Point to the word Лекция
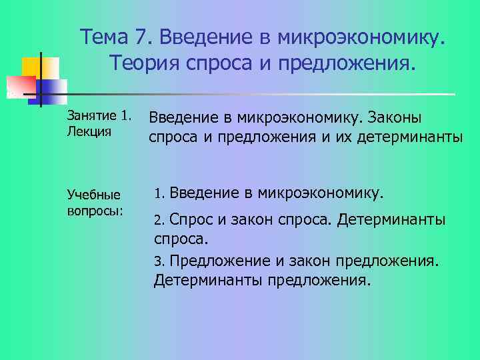[x=89, y=131]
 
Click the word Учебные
[x=94, y=195]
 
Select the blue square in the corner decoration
[x=53, y=87]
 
